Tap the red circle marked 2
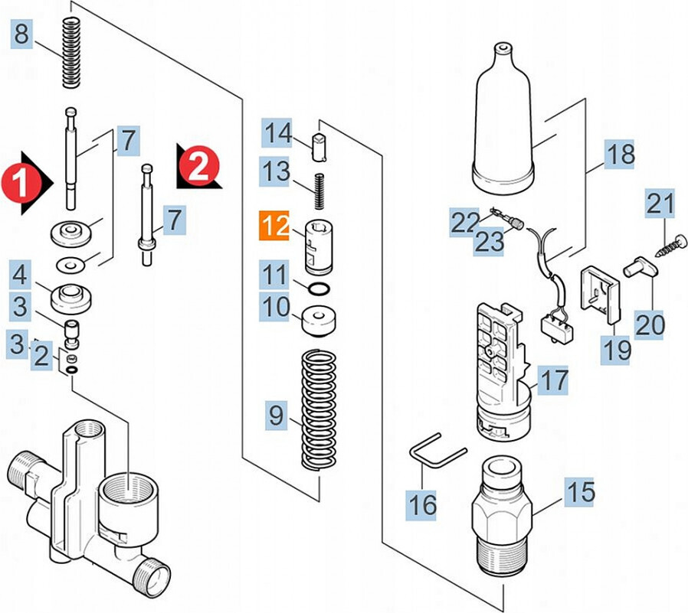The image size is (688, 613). [x=198, y=165]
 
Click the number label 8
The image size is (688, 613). [x=22, y=34]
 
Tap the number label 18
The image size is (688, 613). [x=620, y=155]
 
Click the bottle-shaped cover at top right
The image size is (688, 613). [x=503, y=122]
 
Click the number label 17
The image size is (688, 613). [x=553, y=379]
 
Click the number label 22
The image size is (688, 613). [x=464, y=223]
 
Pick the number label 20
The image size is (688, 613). [x=650, y=324]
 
